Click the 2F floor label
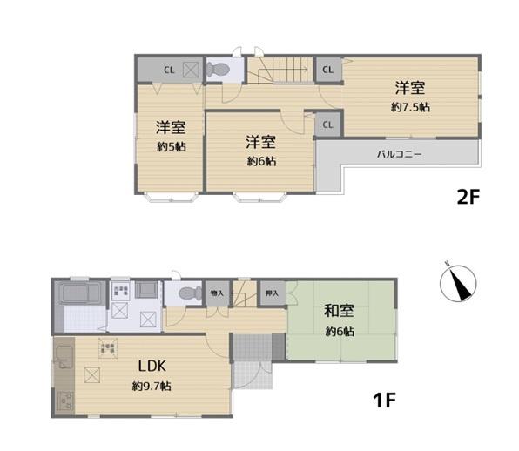coord(468,197)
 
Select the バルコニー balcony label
coord(399,153)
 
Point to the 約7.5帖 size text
coord(410,107)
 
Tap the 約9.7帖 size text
coord(152,385)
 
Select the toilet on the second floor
coord(219,68)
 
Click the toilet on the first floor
coord(183,293)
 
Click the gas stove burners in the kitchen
coord(64,401)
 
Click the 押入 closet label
coord(272,294)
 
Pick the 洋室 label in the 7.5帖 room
coord(410,88)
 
